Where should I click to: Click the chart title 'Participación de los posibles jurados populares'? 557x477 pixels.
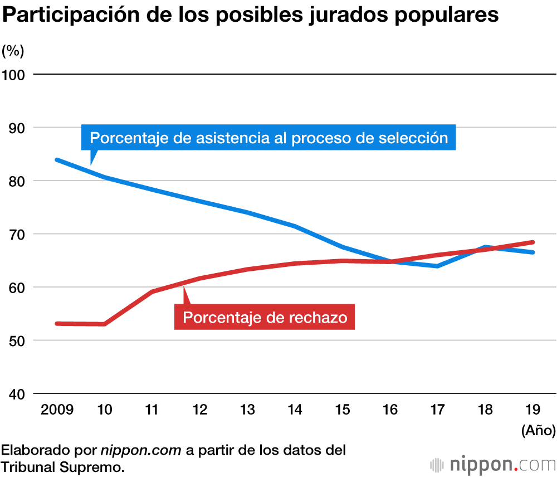250,15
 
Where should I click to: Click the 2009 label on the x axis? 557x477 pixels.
57,410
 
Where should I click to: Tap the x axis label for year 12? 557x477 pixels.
199,410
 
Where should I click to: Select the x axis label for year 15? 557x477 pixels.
342,410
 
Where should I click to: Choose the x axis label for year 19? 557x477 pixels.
533,410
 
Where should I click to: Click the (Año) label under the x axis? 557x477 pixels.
538,430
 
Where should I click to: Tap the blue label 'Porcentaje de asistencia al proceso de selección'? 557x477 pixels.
268,138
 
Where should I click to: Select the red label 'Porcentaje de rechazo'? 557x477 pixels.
265,318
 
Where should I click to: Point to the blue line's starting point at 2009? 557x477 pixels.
57,160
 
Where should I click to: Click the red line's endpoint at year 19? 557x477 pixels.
533,242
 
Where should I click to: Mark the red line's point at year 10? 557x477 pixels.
105,324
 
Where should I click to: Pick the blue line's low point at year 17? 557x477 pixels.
438,266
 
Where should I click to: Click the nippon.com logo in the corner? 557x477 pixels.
492,464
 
